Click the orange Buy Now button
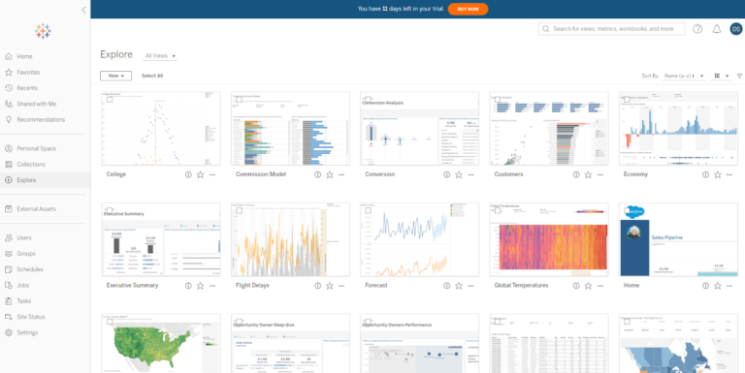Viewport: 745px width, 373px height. pyautogui.click(x=468, y=9)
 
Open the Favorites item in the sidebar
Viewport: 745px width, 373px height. pyautogui.click(x=28, y=73)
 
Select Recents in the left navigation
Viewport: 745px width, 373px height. pyautogui.click(x=27, y=88)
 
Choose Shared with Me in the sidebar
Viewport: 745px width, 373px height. pyautogui.click(x=36, y=104)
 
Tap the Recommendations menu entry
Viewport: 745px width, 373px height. pyautogui.click(x=41, y=120)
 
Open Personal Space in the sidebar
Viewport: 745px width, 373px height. pyautogui.click(x=36, y=148)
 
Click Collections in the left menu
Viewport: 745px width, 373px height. pyautogui.click(x=31, y=164)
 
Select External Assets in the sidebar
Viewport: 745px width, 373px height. pyautogui.click(x=37, y=208)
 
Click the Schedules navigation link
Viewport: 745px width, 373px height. pyautogui.click(x=30, y=269)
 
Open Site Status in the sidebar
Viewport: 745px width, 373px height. pyautogui.click(x=31, y=317)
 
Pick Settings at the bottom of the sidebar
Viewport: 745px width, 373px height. pyautogui.click(x=27, y=332)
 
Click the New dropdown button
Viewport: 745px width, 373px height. pyautogui.click(x=115, y=76)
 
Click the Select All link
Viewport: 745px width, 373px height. pyautogui.click(x=152, y=76)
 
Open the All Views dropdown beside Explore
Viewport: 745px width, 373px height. pyautogui.click(x=160, y=56)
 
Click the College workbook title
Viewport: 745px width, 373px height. pyautogui.click(x=117, y=174)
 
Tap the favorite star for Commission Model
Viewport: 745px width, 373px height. pyautogui.click(x=330, y=174)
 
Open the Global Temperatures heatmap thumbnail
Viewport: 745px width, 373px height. pyautogui.click(x=548, y=239)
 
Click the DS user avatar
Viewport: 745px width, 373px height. pyautogui.click(x=735, y=29)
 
